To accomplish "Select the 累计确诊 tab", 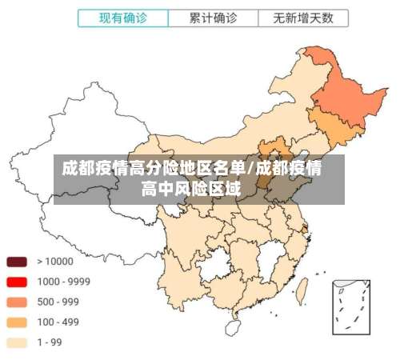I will (x=213, y=17).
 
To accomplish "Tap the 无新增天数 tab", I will (x=303, y=17).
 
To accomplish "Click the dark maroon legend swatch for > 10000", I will (x=17, y=262).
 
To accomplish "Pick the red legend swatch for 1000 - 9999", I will (x=17, y=282).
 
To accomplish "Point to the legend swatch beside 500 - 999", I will (x=17, y=302).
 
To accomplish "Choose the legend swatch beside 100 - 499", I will (x=17, y=322).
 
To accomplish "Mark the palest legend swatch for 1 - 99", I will (x=17, y=343).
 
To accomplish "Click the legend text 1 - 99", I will (x=50, y=343).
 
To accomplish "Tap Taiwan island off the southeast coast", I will (x=302, y=286).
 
